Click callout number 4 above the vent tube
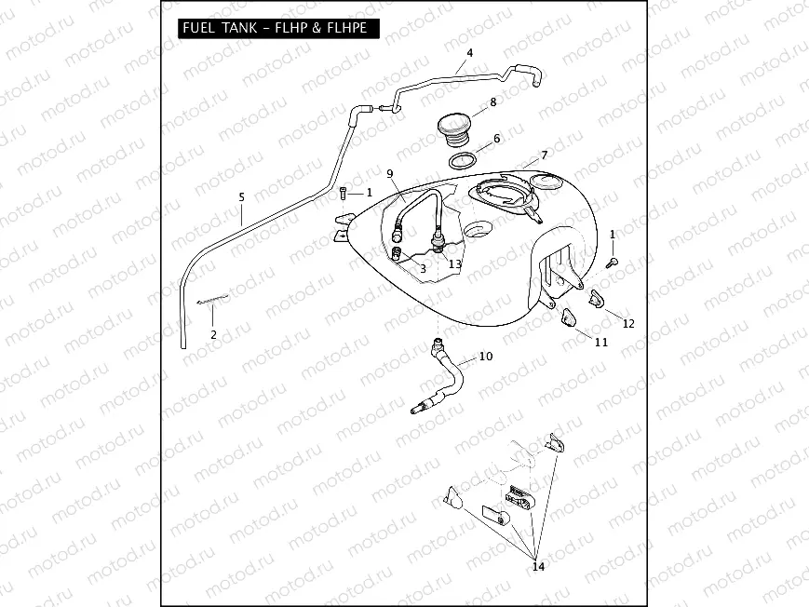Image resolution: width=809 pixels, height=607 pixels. (x=469, y=53)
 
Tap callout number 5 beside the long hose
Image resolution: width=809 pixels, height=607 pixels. (x=241, y=197)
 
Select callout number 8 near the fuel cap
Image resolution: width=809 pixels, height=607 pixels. (x=492, y=101)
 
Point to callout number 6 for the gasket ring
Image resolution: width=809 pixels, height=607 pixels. (x=496, y=139)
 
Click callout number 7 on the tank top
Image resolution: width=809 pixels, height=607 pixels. (x=544, y=154)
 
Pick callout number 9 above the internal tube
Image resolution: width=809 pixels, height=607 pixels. (x=390, y=174)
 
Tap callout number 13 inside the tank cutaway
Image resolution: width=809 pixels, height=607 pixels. (x=454, y=264)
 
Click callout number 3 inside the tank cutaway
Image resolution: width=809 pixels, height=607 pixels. (x=423, y=268)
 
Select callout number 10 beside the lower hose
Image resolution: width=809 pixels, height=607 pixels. (x=485, y=357)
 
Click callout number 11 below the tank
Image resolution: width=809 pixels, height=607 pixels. (x=601, y=342)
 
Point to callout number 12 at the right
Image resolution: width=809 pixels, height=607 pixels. (x=628, y=323)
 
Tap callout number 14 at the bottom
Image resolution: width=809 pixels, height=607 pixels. (x=537, y=565)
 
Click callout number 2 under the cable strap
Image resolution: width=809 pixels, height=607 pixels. (x=213, y=333)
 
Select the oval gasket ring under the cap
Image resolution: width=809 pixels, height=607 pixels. (x=465, y=159)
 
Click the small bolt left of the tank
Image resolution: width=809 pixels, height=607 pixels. (x=344, y=193)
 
